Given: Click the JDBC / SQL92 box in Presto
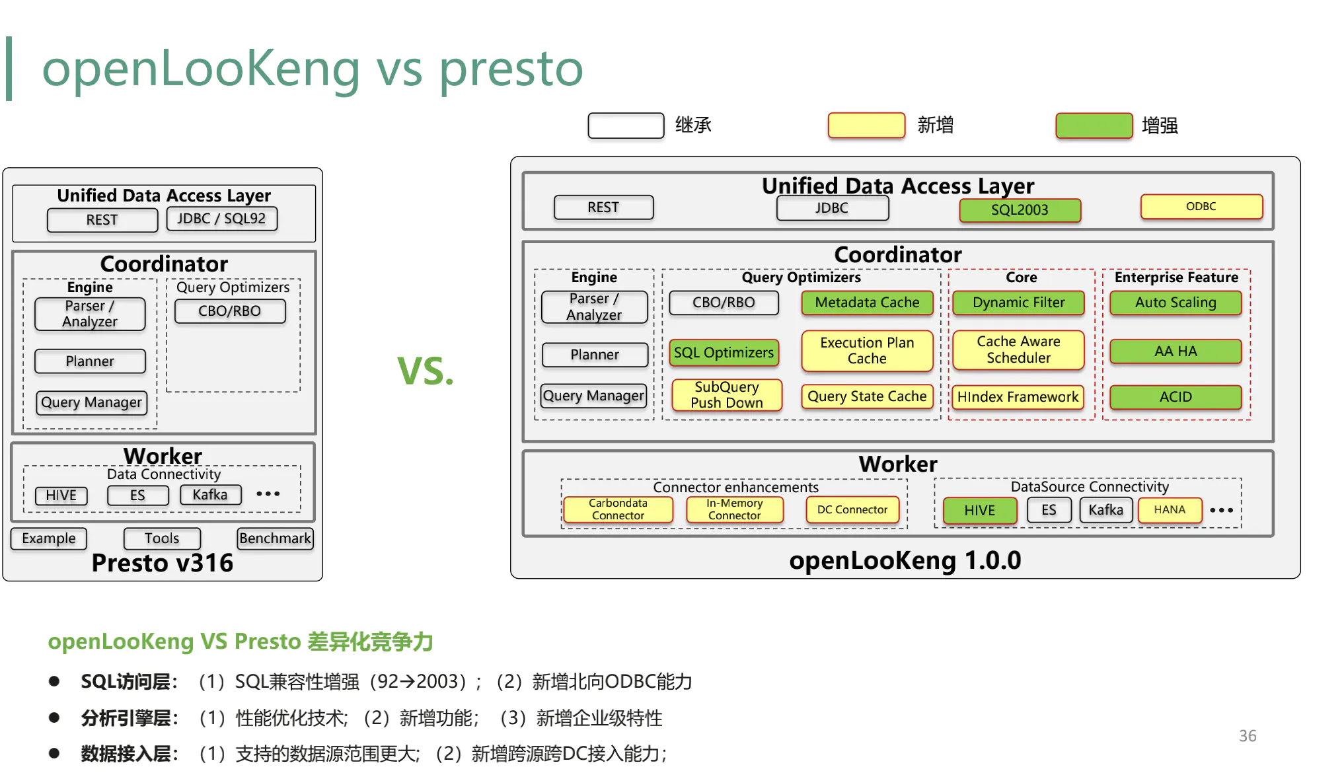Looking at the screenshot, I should (x=221, y=219).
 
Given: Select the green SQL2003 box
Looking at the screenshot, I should (x=1020, y=210).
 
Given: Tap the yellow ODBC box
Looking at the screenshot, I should (x=1201, y=206).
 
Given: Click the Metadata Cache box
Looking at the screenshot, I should (x=867, y=303).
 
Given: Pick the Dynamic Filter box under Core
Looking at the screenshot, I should (x=1018, y=303).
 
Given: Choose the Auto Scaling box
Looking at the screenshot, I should (x=1175, y=303).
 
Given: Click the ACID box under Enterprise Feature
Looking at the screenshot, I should (x=1175, y=397).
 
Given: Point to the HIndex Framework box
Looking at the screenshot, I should (x=1018, y=397).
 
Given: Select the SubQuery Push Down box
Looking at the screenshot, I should (x=726, y=395).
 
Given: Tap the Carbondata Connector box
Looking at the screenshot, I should (x=618, y=509).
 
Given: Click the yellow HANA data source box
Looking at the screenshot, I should (x=1169, y=510).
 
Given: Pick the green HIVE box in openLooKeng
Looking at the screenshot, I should (x=979, y=511).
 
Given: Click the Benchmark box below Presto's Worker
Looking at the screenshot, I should (x=275, y=538).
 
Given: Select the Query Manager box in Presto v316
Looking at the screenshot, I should (x=91, y=402).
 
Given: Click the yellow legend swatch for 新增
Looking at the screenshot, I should (x=866, y=126).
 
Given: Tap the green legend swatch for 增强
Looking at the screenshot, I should (x=1094, y=126).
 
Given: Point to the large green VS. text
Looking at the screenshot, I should (x=425, y=371).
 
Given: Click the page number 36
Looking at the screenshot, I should (x=1247, y=736).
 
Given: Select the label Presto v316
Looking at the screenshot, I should (x=163, y=563).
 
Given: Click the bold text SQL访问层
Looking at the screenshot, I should (x=126, y=682).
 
